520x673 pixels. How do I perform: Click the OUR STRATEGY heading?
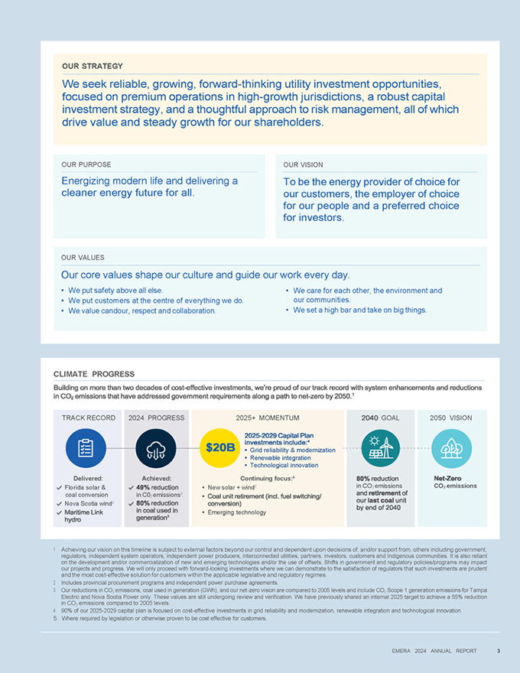pos(92,67)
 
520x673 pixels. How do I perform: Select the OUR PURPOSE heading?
pos(86,164)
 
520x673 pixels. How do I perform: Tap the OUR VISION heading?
pos(303,164)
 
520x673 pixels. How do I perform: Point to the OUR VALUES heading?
pos(83,258)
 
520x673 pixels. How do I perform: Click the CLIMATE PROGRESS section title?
pos(94,374)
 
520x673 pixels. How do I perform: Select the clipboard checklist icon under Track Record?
pos(86,447)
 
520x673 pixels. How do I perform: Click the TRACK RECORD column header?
pos(88,418)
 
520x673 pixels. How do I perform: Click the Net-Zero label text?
pos(447,478)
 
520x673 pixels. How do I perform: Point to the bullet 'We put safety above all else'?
pos(115,291)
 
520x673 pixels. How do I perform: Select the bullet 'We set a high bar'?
pos(359,310)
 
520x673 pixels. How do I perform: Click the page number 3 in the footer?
pos(498,652)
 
